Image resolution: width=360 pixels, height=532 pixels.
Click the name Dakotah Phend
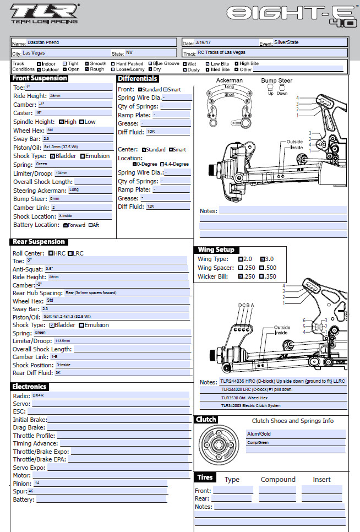tap(43, 42)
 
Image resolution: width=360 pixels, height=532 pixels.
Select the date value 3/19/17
tap(204, 42)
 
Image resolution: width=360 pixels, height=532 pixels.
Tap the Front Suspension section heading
tap(40, 78)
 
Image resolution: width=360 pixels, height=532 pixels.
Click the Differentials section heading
tap(138, 79)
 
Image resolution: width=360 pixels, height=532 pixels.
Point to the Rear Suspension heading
tap(39, 242)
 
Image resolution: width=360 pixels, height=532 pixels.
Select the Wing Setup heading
tap(216, 250)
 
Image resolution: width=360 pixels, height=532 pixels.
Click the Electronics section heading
tap(30, 387)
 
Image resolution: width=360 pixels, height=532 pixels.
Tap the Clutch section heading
tap(206, 420)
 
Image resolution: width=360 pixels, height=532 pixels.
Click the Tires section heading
tap(205, 477)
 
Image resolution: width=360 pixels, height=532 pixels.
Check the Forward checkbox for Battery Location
tap(65, 225)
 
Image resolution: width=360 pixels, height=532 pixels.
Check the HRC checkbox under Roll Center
tap(51, 253)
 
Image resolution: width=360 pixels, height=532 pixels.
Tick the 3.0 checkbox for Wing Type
tap(262, 259)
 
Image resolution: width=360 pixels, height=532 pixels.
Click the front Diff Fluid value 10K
tap(151, 132)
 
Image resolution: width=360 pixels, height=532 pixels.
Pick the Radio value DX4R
tap(38, 395)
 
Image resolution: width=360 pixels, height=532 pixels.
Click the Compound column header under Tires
tap(278, 480)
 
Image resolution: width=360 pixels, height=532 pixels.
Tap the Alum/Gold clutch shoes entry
tap(259, 434)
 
